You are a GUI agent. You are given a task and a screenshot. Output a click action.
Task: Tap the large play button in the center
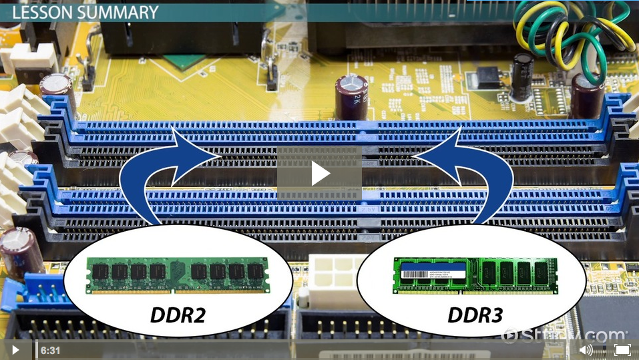coord(320,174)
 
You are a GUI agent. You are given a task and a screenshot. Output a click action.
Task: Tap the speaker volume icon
coord(586,350)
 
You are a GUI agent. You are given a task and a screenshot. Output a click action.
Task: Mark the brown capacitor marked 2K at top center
coord(351,97)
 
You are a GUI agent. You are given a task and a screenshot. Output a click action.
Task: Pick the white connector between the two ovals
coord(331,274)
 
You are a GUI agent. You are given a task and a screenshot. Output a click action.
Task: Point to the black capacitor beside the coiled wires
coord(521,77)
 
